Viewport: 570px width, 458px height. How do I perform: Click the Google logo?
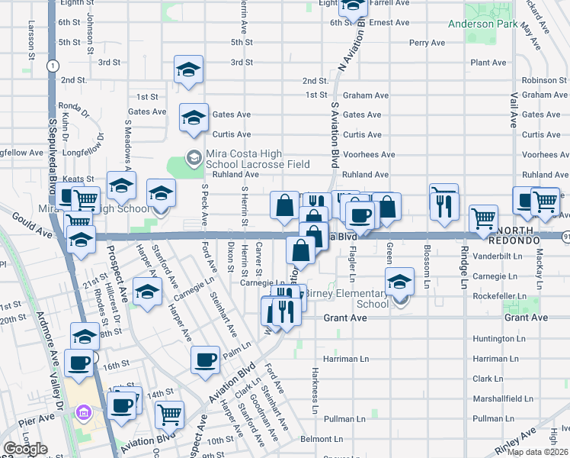coord(25,449)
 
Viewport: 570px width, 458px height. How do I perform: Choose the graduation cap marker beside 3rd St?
coord(187,69)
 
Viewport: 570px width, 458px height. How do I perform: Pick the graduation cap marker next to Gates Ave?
coord(194,117)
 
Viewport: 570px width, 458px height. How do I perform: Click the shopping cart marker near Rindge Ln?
coord(483,218)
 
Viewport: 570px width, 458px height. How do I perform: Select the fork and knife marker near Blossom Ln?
coord(445,203)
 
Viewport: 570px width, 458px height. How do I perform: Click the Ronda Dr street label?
coord(75,106)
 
